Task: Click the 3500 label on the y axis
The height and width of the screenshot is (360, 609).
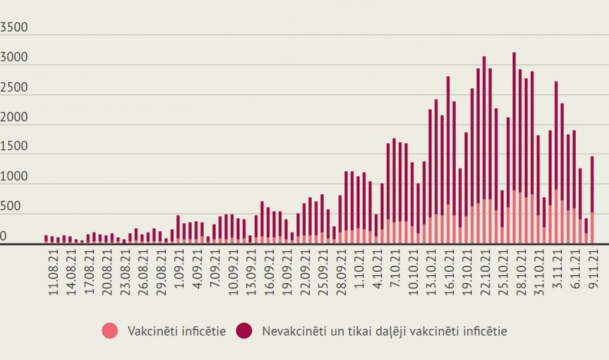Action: (14, 29)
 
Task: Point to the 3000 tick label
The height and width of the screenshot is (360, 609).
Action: (14, 58)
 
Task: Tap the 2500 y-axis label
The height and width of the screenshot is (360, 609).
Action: (14, 88)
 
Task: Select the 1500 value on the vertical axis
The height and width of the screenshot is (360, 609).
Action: (14, 147)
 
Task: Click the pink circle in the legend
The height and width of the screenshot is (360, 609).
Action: (111, 330)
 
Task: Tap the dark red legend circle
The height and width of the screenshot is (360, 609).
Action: (245, 330)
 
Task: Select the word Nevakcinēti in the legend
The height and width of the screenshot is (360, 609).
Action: (291, 330)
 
